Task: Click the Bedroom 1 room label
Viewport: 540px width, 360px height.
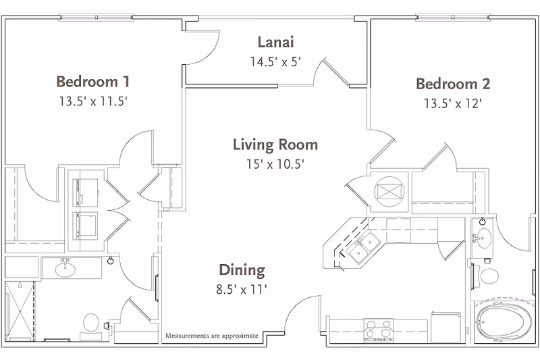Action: point(93,82)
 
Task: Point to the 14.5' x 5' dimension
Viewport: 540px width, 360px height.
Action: point(275,61)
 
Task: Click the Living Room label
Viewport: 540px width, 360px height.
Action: point(275,145)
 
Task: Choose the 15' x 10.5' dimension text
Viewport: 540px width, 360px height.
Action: point(275,163)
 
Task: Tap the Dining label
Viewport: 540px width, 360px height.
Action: point(242,271)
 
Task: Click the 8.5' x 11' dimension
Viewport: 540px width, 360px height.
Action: point(242,290)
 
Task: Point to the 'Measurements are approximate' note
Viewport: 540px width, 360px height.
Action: point(211,335)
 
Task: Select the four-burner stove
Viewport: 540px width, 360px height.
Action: point(379,330)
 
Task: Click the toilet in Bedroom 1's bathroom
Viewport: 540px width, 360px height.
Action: point(90,323)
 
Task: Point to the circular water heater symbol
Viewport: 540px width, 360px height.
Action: point(389,190)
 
